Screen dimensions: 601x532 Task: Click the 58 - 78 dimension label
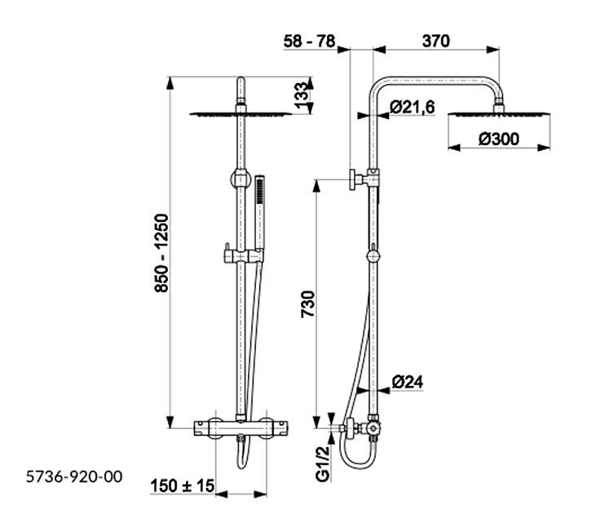click(309, 41)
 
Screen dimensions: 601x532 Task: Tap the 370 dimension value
click(435, 41)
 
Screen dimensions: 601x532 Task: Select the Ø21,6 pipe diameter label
click(413, 107)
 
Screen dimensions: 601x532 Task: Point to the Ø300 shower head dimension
click(499, 139)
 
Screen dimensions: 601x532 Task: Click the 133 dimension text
click(301, 95)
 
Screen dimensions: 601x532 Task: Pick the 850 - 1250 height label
click(161, 253)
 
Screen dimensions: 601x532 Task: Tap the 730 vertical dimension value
click(307, 304)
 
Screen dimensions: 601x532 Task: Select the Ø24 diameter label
click(408, 382)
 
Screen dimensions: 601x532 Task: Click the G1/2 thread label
click(323, 463)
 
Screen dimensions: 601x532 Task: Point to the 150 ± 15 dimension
click(182, 486)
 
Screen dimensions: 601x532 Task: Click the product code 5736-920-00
click(74, 477)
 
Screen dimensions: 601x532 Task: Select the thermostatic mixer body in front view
click(241, 428)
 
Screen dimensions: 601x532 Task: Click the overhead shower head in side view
click(499, 114)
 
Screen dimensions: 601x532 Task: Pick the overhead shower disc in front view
click(241, 113)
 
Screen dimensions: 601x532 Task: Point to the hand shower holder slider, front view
click(244, 256)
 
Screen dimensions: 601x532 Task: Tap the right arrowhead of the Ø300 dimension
click(544, 148)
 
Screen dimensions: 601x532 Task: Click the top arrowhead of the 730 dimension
click(316, 186)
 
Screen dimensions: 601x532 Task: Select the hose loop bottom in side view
click(356, 464)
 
